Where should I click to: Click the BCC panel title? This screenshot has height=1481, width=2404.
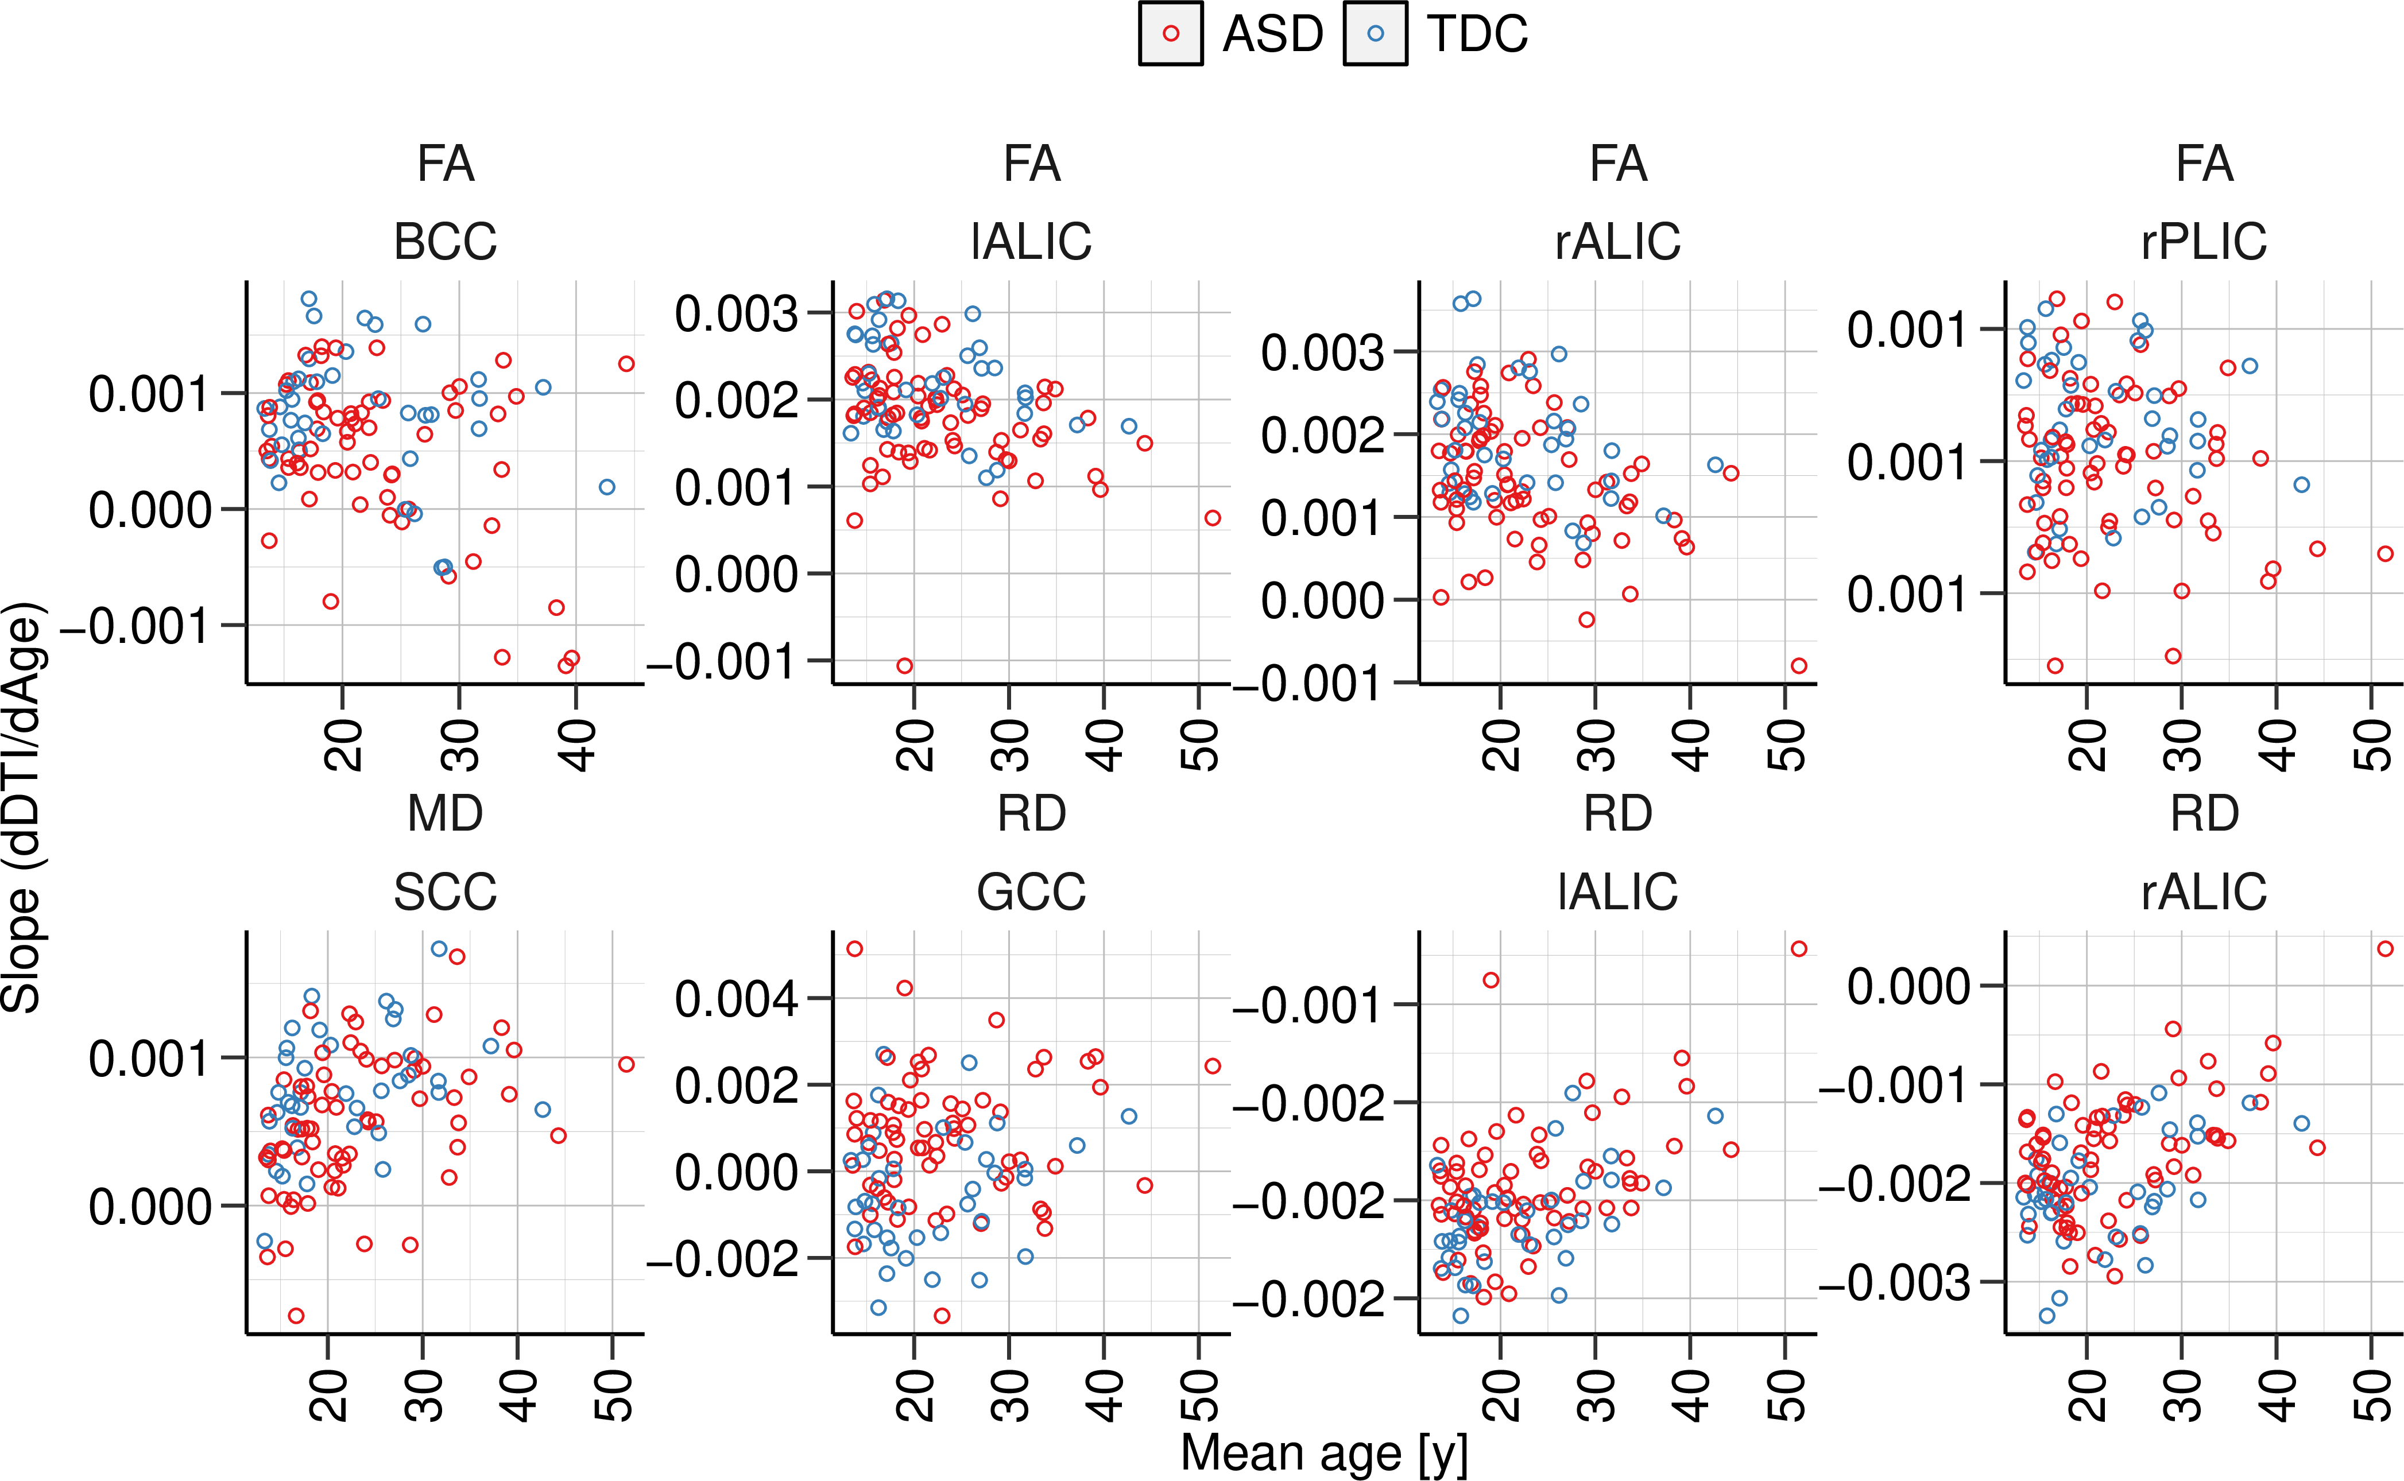(445, 241)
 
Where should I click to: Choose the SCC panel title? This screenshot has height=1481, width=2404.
(445, 891)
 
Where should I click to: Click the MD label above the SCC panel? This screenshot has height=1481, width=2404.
(445, 813)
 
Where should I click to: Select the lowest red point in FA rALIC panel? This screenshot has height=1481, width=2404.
(1799, 666)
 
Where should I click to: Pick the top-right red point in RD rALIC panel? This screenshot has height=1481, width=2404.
(2386, 948)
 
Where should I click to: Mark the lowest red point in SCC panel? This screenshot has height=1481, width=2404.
(296, 1316)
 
